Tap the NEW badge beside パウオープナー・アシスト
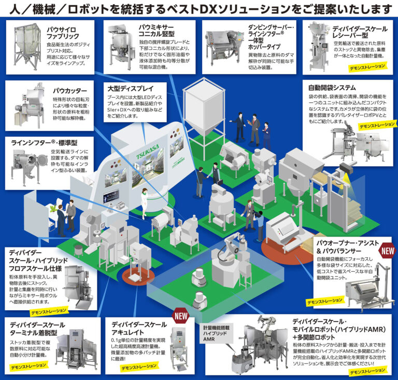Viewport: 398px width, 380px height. coord(388,252)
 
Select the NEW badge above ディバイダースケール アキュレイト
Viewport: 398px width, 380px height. coord(180,315)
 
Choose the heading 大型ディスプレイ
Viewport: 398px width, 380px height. coord(127,88)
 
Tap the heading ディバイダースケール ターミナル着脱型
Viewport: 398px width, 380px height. coord(37,328)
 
